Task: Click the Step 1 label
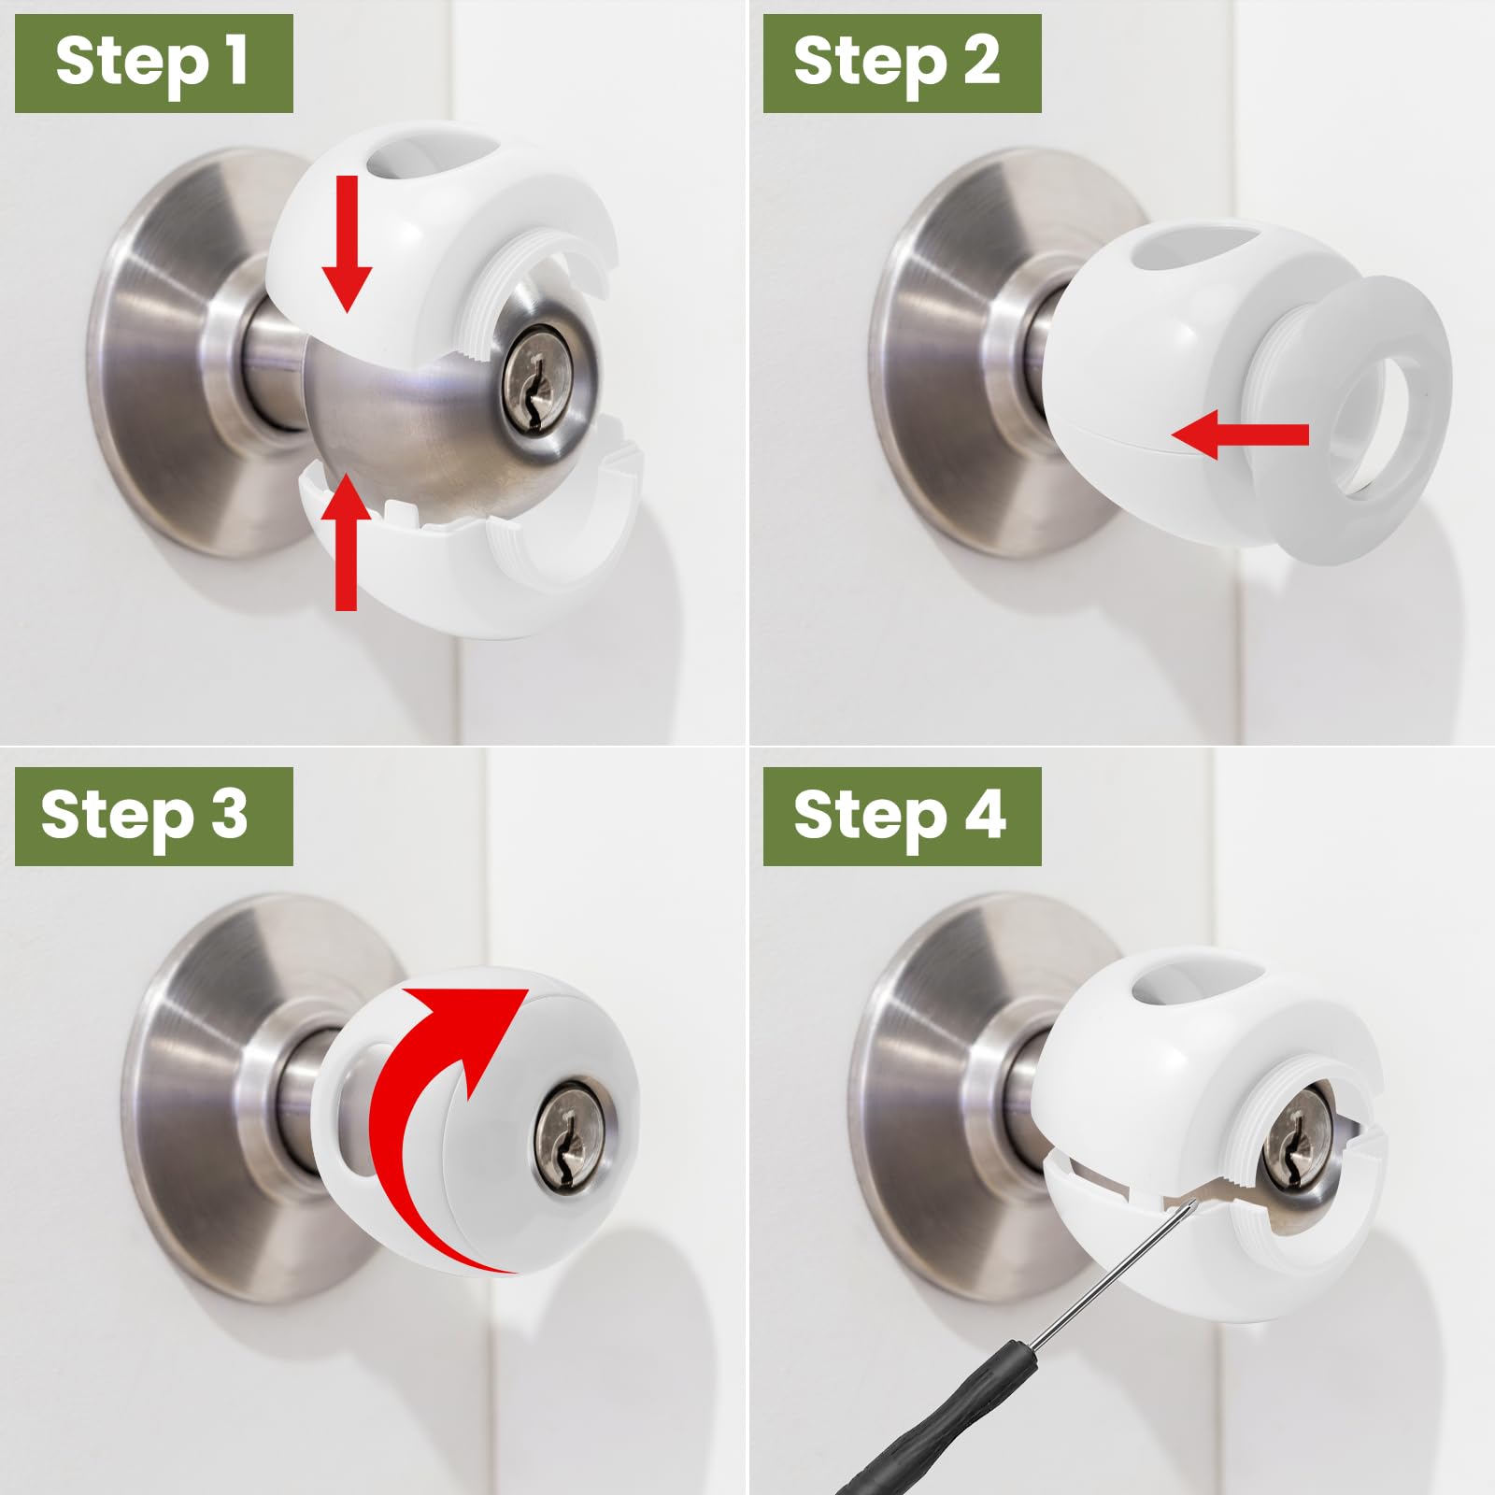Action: coord(153,64)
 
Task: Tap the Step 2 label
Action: coord(902,64)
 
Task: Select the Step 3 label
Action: coord(153,817)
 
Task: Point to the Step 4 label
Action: coord(902,817)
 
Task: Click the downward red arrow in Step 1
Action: coord(347,243)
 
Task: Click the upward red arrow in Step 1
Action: coord(346,542)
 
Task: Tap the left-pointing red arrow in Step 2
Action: coord(1240,434)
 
